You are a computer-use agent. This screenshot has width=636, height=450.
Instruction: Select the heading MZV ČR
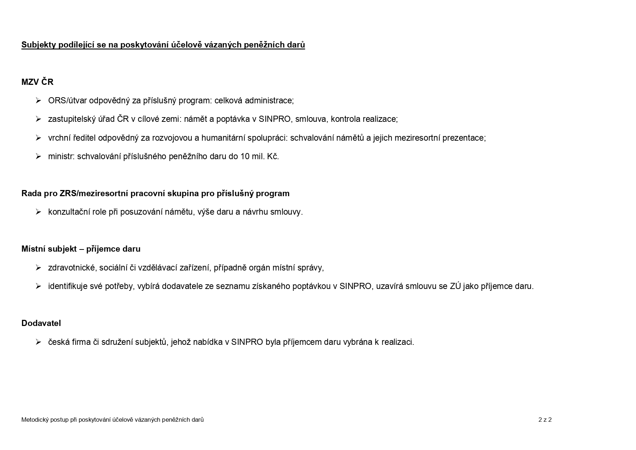point(37,82)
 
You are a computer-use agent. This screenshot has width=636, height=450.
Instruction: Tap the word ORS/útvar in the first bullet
point(67,100)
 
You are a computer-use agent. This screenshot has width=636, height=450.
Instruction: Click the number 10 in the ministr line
point(245,156)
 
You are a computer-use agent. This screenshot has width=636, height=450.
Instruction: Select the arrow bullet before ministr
point(38,156)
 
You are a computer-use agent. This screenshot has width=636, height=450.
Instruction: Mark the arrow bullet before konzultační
point(38,212)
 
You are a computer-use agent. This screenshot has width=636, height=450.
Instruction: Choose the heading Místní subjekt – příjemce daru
point(81,249)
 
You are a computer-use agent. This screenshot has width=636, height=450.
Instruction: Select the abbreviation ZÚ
point(455,286)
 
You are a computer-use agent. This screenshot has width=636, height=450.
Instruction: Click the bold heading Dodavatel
point(41,323)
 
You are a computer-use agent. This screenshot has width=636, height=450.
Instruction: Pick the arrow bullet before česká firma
point(38,342)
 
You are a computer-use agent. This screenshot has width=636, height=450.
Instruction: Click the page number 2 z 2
point(545,420)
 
